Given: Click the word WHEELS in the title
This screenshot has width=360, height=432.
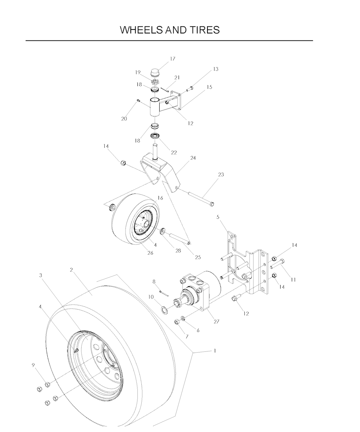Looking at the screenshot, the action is pos(141,30).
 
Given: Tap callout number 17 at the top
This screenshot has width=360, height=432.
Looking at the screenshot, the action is pos(173,59).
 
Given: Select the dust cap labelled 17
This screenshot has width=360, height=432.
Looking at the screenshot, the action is pos(156,74).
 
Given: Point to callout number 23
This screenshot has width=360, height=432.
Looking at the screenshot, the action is pos(221,174).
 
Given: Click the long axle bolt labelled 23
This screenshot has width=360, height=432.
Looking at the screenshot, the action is pos(201,199).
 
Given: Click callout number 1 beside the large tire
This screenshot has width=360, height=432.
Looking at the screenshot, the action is pos(215,351).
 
